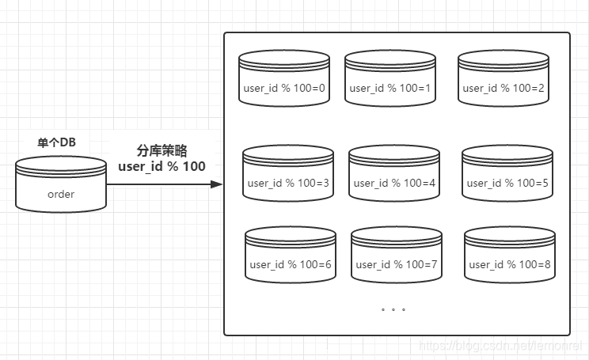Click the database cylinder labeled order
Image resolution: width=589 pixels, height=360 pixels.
pos(61,184)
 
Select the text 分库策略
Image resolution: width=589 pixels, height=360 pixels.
pos(161,150)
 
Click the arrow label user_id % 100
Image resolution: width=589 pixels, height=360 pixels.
pos(161,166)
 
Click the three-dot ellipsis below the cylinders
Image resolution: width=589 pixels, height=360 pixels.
pos(393,309)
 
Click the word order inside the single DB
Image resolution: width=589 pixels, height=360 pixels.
pos(61,194)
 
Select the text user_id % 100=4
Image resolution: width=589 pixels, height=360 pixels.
pos(393,183)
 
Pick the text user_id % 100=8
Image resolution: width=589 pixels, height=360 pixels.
pos(509,264)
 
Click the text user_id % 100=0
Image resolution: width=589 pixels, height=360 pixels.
pos(284,88)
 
